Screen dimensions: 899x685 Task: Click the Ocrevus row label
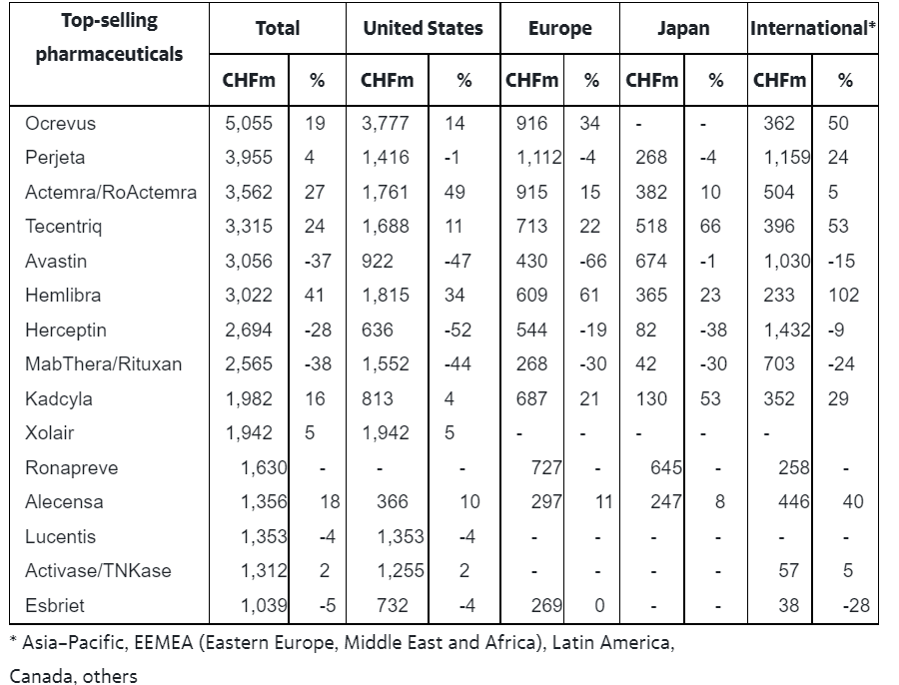[60, 123]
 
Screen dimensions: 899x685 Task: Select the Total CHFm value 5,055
[249, 123]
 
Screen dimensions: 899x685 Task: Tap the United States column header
[424, 28]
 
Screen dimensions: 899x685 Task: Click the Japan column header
[683, 28]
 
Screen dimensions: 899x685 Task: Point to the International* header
[812, 28]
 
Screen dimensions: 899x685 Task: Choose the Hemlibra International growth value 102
[843, 296]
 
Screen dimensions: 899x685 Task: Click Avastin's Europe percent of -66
[592, 261]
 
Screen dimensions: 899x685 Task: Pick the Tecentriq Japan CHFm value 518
[650, 227]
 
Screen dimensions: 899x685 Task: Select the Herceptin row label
[66, 331]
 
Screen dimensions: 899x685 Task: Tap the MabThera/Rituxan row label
[103, 364]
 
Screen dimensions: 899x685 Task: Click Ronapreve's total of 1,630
[263, 467]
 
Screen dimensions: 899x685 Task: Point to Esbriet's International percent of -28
[856, 605]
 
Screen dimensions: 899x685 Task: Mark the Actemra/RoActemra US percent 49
[454, 192]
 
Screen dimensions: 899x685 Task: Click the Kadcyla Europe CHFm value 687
[531, 399]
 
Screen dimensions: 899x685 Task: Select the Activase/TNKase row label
[98, 571]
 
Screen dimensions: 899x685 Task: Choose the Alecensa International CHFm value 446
[793, 502]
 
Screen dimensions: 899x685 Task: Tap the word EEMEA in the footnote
[164, 643]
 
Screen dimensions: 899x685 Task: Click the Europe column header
[560, 28]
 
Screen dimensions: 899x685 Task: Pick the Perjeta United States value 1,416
[386, 158]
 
